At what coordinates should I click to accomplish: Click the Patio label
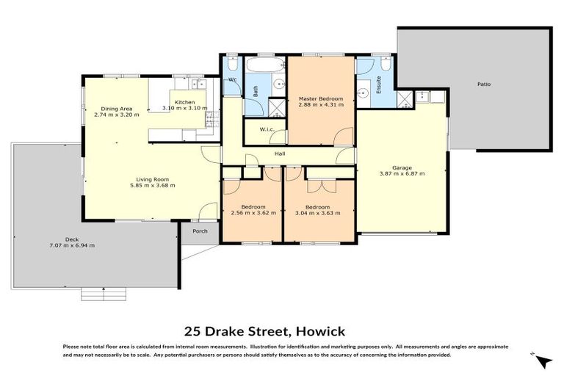point(483,84)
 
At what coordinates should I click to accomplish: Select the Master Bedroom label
point(320,98)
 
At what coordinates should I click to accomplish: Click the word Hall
point(280,154)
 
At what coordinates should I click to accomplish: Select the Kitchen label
point(184,101)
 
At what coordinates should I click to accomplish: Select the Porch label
point(200,231)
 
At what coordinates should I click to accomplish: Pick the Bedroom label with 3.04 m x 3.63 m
point(317,207)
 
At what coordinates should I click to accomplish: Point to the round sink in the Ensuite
point(362,93)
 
